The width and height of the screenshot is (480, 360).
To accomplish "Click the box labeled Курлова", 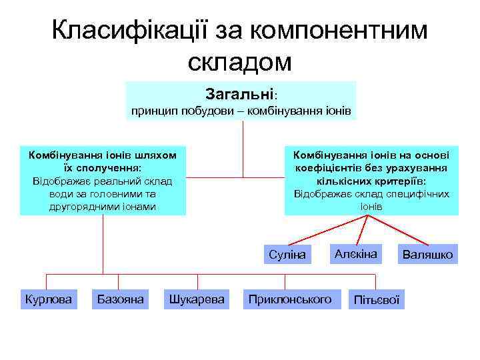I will pyautogui.click(x=49, y=299).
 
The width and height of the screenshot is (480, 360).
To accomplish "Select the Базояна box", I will pyautogui.click(x=121, y=299).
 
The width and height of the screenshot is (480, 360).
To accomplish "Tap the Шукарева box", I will pyautogui.click(x=198, y=299).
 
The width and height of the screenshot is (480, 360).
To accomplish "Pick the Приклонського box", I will pyautogui.click(x=289, y=299).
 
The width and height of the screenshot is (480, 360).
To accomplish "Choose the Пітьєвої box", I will pyautogui.click(x=377, y=301).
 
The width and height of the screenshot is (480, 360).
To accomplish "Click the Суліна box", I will pyautogui.click(x=287, y=255).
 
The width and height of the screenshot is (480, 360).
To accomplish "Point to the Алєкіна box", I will pyautogui.click(x=356, y=254).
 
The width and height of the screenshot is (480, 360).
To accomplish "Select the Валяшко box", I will pyautogui.click(x=427, y=255).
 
